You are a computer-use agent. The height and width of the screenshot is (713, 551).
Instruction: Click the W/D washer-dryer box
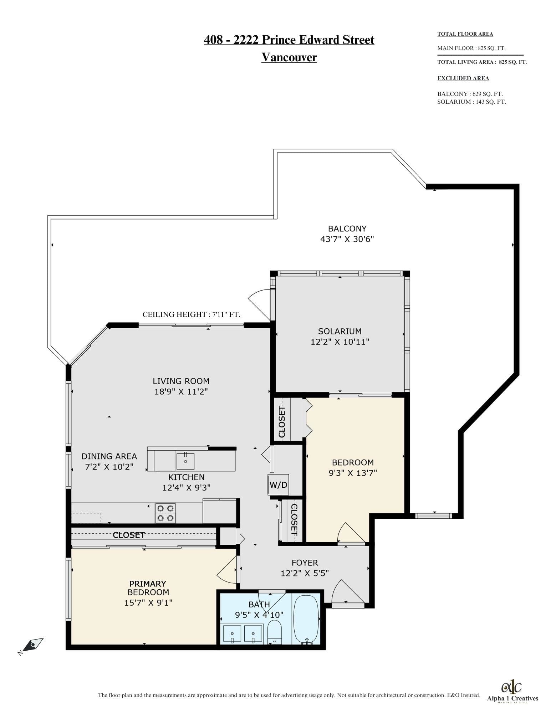tap(278, 484)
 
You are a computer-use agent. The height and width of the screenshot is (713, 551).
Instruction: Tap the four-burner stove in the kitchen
tap(165, 513)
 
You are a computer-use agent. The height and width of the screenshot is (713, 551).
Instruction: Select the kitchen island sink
tap(185, 461)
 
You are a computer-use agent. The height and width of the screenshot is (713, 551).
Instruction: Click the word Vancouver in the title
tap(289, 57)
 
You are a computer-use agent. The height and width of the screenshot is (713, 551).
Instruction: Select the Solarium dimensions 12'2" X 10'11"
tap(340, 342)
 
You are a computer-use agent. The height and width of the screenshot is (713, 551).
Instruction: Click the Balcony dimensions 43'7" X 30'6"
tap(347, 239)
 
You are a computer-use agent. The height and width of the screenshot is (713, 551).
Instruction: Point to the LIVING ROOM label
tap(181, 381)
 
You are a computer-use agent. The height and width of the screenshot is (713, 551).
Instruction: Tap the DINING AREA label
tap(109, 456)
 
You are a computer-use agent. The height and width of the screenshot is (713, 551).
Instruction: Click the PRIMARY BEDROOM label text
tap(148, 588)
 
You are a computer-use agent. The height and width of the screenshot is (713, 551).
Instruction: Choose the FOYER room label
tap(305, 563)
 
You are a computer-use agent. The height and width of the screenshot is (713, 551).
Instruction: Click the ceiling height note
tap(192, 314)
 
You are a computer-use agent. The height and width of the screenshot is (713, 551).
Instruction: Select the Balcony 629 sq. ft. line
tap(470, 94)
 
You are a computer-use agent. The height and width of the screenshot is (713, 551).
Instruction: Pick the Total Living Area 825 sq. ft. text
tap(482, 62)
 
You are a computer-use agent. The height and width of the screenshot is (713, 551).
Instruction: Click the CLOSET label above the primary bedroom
tap(129, 535)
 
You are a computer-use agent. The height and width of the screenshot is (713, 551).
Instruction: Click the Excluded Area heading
tap(463, 78)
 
